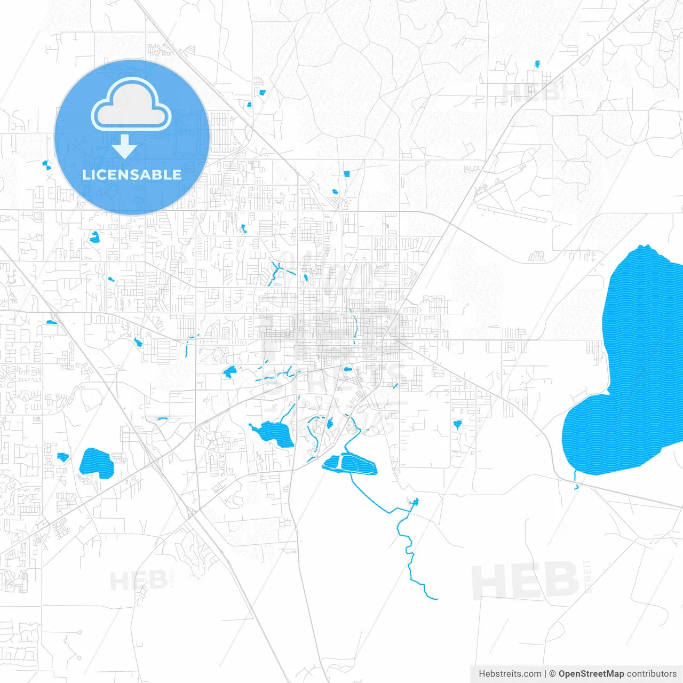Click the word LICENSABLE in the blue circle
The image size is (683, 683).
(132, 174)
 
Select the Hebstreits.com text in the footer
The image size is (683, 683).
(510, 674)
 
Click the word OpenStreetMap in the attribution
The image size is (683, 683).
(591, 674)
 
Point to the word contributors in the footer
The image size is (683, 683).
(652, 674)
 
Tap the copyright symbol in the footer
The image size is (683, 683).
(552, 674)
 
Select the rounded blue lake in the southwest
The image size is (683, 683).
(97, 463)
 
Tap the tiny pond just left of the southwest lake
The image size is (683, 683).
(63, 457)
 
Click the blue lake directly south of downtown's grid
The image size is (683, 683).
(273, 433)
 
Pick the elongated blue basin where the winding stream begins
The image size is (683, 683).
(350, 463)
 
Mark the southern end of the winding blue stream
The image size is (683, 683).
(436, 599)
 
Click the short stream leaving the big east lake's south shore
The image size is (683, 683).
(575, 480)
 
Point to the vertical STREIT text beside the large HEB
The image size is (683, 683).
(588, 577)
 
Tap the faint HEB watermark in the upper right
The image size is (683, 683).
(530, 92)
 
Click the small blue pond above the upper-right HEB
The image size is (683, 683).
(537, 64)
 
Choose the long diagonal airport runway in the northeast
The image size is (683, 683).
(510, 212)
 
